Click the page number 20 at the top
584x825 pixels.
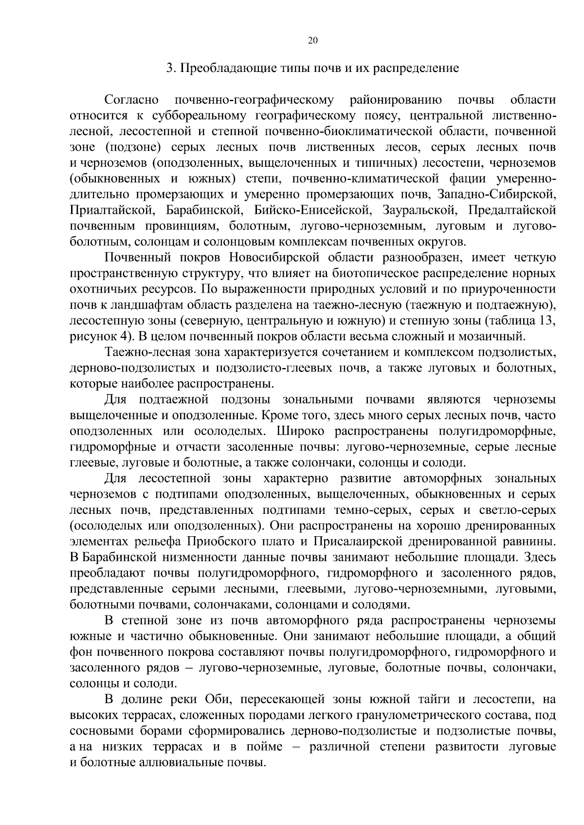[x=313, y=41]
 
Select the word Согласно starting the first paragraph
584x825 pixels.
[x=131, y=100]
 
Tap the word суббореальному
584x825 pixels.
[x=193, y=116]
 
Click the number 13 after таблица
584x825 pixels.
[x=548, y=321]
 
